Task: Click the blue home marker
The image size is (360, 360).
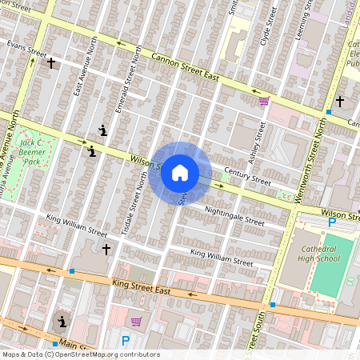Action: coord(180,172)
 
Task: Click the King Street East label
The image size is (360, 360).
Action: coord(142,286)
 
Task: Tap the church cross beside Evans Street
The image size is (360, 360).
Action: coord(51,62)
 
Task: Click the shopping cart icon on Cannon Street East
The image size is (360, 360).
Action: coord(264,101)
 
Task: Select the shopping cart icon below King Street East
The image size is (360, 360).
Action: coord(137,322)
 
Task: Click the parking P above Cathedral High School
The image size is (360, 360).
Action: coord(332,222)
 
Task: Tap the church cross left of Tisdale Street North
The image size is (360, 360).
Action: coord(106,250)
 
